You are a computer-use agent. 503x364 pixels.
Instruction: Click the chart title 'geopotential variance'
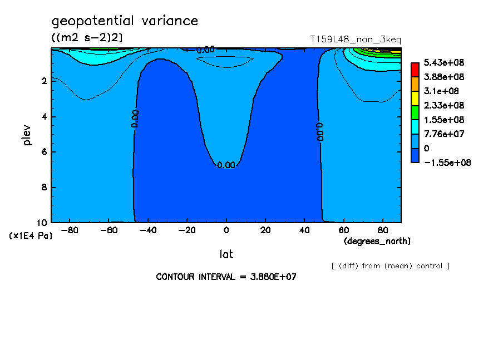coord(125,21)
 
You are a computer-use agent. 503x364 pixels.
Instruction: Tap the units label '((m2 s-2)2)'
coord(87,38)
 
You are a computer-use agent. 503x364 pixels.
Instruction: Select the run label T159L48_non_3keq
coord(356,40)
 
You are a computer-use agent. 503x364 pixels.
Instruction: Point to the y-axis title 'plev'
coord(27,135)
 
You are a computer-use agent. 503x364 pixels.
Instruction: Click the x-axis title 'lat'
coord(226,254)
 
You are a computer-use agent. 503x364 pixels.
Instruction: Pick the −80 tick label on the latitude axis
coord(70,230)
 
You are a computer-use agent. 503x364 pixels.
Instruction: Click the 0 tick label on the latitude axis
coord(226,230)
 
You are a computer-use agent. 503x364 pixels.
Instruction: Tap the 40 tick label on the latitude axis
coord(304,230)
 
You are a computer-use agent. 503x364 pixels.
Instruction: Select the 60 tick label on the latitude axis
coord(343,230)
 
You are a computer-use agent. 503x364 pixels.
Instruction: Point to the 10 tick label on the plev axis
coord(42,223)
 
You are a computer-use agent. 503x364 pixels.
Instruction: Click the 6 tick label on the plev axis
coord(45,152)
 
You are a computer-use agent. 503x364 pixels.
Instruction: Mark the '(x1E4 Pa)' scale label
coord(31,236)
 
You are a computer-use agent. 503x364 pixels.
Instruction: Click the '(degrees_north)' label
coord(377,241)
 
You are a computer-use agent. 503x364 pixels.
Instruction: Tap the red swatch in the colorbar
coord(415,70)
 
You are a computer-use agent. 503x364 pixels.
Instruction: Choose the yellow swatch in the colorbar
coord(415,98)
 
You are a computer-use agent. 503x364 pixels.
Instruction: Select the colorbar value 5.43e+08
coord(444,62)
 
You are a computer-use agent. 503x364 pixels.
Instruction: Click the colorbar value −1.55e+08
coord(447,163)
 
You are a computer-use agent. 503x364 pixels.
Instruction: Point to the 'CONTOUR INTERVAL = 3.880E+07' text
coord(226,277)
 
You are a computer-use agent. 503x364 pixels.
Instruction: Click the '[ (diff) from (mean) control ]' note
coord(391,266)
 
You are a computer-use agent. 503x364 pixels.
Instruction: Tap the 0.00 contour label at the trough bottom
coord(226,165)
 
